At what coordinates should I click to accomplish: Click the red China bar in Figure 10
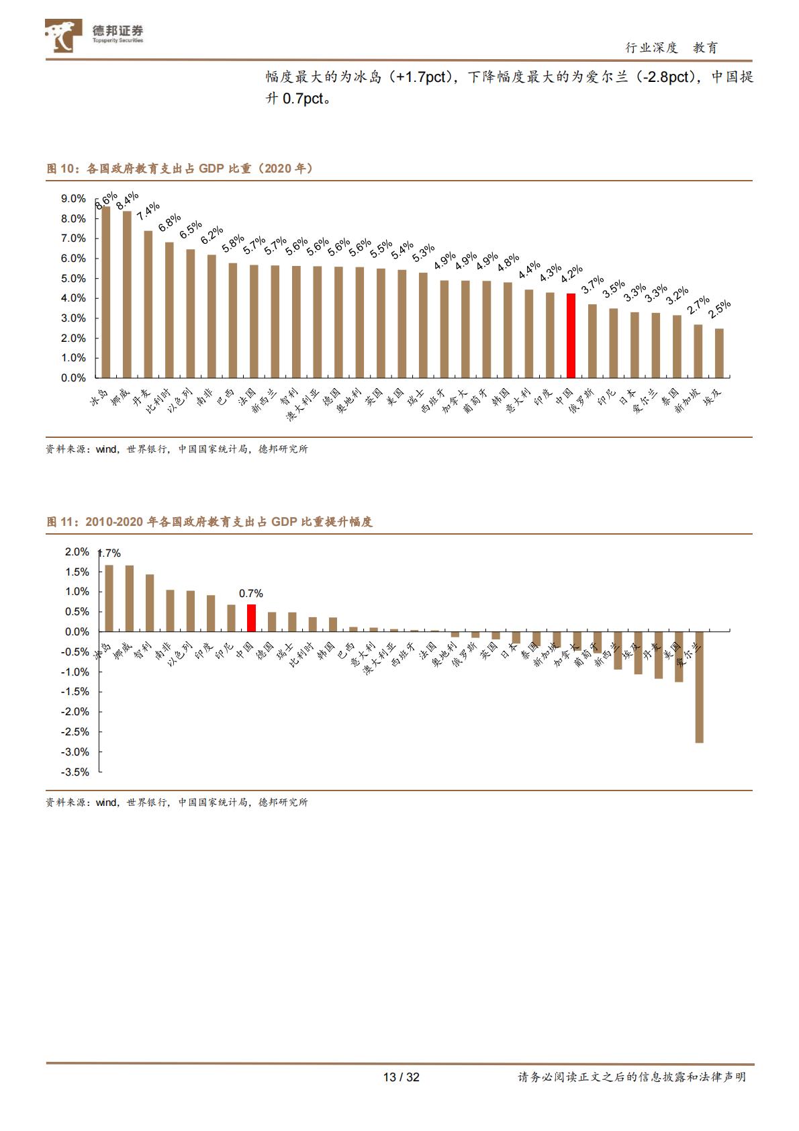pyautogui.click(x=571, y=335)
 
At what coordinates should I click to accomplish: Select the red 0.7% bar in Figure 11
pyautogui.click(x=251, y=618)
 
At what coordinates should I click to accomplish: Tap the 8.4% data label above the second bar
pyautogui.click(x=127, y=201)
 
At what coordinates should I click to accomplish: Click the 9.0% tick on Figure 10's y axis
pyautogui.click(x=73, y=199)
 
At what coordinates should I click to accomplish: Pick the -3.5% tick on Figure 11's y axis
pyautogui.click(x=75, y=772)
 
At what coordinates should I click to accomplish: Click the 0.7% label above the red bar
pyautogui.click(x=251, y=594)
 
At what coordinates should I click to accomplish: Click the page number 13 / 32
pyautogui.click(x=401, y=1077)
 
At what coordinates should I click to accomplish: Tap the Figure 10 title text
pyautogui.click(x=179, y=169)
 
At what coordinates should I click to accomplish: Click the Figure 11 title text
pyautogui.click(x=209, y=522)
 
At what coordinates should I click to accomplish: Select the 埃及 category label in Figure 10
pyautogui.click(x=714, y=398)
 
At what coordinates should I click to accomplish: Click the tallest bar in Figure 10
pyautogui.click(x=105, y=291)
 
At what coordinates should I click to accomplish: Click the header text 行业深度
pyautogui.click(x=651, y=48)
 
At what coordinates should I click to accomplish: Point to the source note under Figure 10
pyautogui.click(x=177, y=449)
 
